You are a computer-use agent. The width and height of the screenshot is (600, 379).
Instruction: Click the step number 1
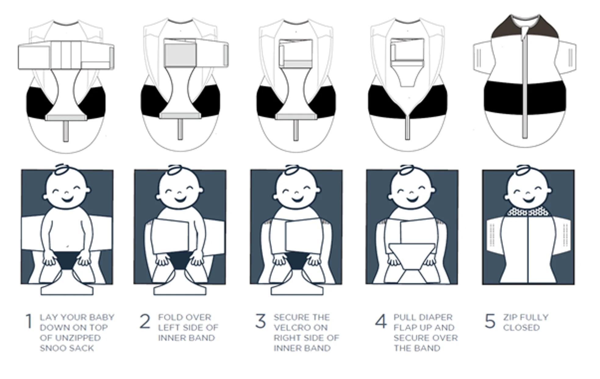pyautogui.click(x=29, y=321)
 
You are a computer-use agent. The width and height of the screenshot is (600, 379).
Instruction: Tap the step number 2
pyautogui.click(x=145, y=321)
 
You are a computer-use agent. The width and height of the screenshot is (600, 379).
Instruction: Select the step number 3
pyautogui.click(x=261, y=321)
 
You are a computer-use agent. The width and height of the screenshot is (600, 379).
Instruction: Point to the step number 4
pyautogui.click(x=381, y=321)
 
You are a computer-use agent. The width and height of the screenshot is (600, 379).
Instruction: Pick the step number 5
pyautogui.click(x=490, y=321)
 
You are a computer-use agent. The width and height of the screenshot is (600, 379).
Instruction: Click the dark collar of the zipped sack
pyautogui.click(x=525, y=27)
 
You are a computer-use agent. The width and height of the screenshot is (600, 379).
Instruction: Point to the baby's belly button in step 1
pyautogui.click(x=68, y=246)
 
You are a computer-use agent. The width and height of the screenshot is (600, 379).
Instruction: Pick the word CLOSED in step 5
pyautogui.click(x=521, y=328)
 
